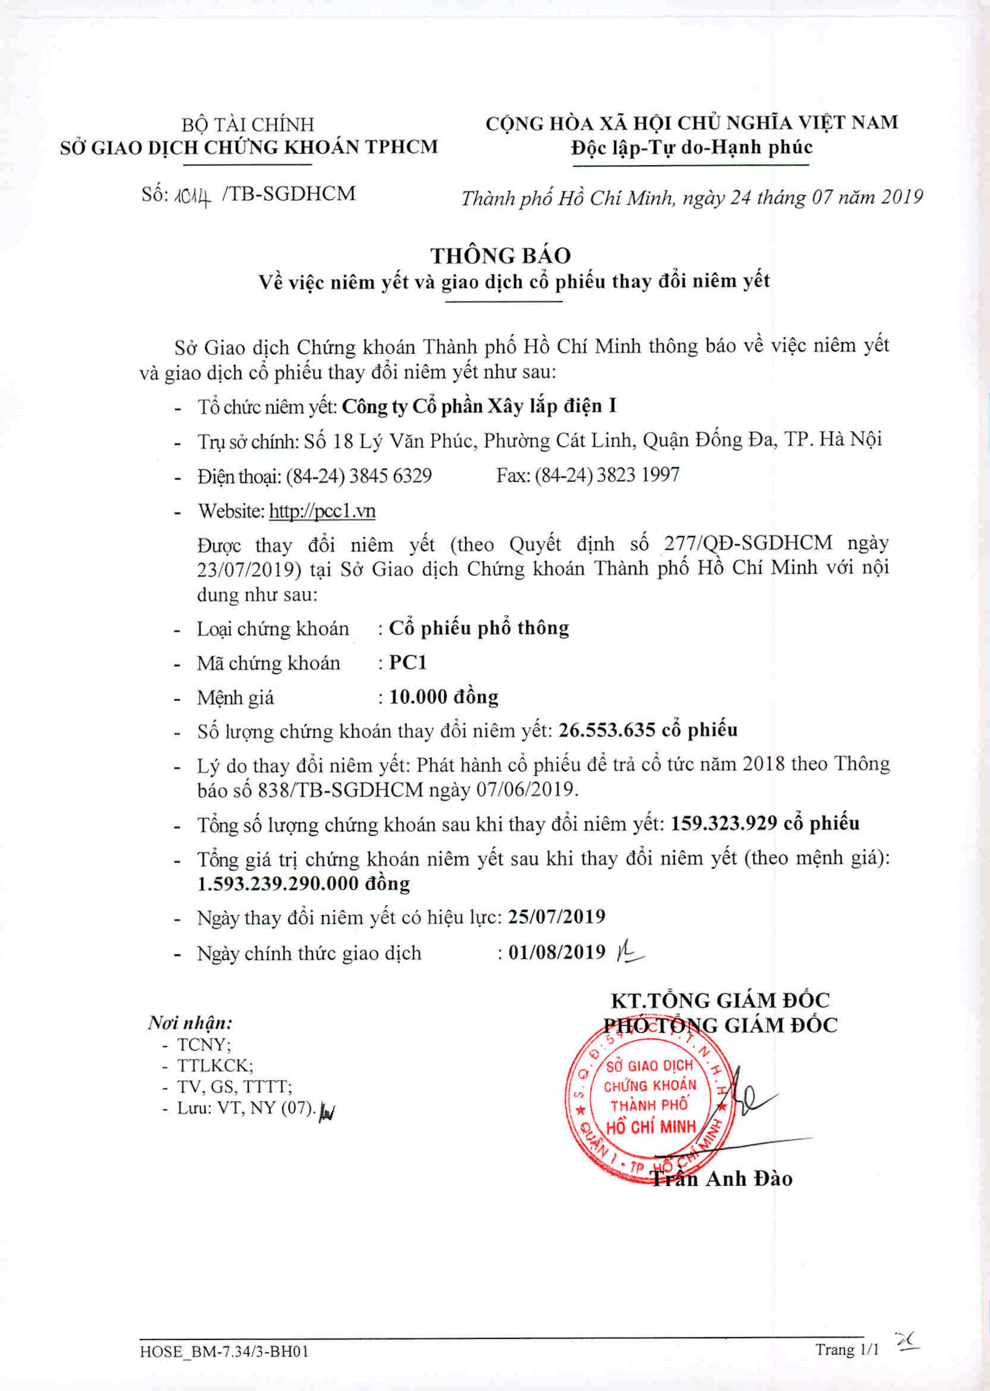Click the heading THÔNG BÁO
click(501, 255)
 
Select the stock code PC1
click(408, 662)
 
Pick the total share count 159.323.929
click(723, 824)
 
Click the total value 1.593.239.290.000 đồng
click(303, 884)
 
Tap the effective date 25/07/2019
click(556, 917)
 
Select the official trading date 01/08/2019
click(556, 952)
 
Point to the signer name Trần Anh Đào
click(722, 1178)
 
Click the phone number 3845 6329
click(390, 476)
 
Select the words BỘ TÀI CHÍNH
click(248, 124)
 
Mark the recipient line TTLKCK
click(215, 1065)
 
